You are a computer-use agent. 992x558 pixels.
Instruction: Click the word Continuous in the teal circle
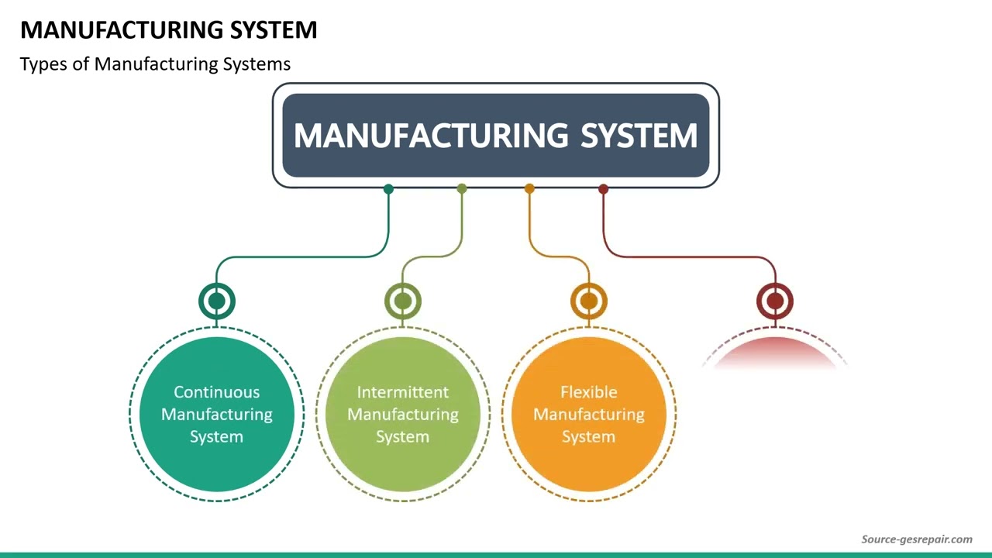pos(216,392)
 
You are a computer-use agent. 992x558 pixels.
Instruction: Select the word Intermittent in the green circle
pos(402,392)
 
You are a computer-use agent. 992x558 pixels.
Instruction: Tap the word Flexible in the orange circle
pos(588,392)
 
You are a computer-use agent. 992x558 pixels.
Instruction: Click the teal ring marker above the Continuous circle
pos(217,301)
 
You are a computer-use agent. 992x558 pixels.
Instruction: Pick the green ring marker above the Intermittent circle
pos(403,301)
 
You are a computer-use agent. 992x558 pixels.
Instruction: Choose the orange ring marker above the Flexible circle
pos(589,301)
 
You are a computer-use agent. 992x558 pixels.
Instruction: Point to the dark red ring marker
pos(775,301)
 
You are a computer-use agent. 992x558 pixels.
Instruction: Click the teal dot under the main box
pos(388,189)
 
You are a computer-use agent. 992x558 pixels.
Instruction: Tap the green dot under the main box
pos(462,189)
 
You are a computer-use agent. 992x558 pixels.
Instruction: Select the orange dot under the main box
pos(529,189)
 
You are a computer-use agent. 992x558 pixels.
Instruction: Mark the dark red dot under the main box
pos(603,189)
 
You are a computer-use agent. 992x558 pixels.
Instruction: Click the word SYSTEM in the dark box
pos(639,136)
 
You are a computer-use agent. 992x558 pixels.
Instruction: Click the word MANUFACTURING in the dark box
pos(431,136)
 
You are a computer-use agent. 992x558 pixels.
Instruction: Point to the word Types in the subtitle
pos(43,64)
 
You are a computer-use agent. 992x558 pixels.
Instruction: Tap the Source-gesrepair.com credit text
pos(917,539)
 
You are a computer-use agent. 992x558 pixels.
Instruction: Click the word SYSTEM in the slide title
pos(274,30)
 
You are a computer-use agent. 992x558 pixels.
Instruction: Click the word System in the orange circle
pos(588,437)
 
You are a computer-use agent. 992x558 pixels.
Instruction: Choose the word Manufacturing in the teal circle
pos(216,415)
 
